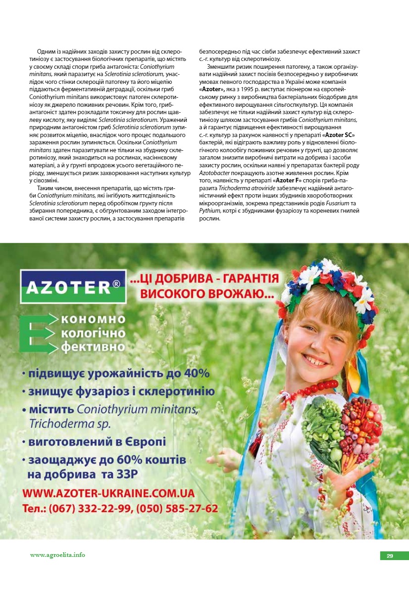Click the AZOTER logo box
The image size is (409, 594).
[73, 286]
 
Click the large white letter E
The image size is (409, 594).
[35, 334]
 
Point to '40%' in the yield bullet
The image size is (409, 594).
[197, 373]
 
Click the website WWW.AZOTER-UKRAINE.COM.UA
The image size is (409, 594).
[109, 493]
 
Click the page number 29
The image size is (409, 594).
[390, 556]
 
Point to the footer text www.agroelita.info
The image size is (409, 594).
[57, 555]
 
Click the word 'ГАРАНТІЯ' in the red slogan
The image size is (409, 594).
[250, 279]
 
